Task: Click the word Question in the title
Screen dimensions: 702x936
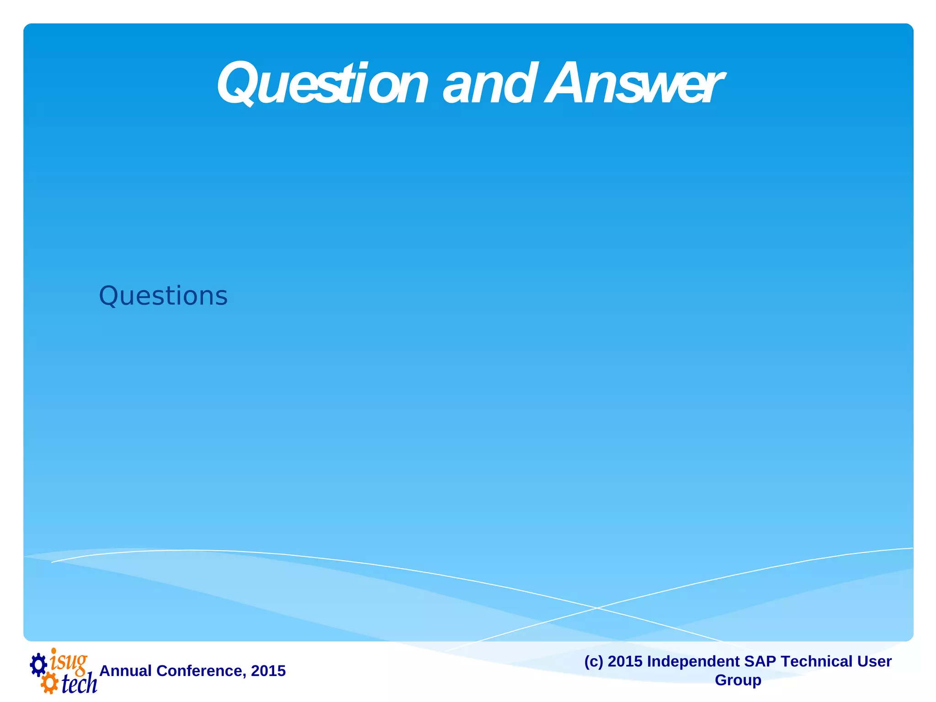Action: (323, 85)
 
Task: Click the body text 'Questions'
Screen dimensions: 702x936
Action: (163, 296)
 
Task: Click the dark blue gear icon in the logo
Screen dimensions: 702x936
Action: (39, 665)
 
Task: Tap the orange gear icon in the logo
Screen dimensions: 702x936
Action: (49, 684)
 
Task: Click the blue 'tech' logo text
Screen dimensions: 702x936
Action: (79, 684)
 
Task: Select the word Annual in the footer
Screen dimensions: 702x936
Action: (125, 671)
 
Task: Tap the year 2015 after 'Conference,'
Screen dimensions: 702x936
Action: (268, 671)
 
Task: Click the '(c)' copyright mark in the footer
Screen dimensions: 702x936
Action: (594, 661)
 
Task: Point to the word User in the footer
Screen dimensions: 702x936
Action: (874, 661)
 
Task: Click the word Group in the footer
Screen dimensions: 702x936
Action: (738, 680)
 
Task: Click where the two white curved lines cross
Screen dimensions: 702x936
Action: (596, 608)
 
